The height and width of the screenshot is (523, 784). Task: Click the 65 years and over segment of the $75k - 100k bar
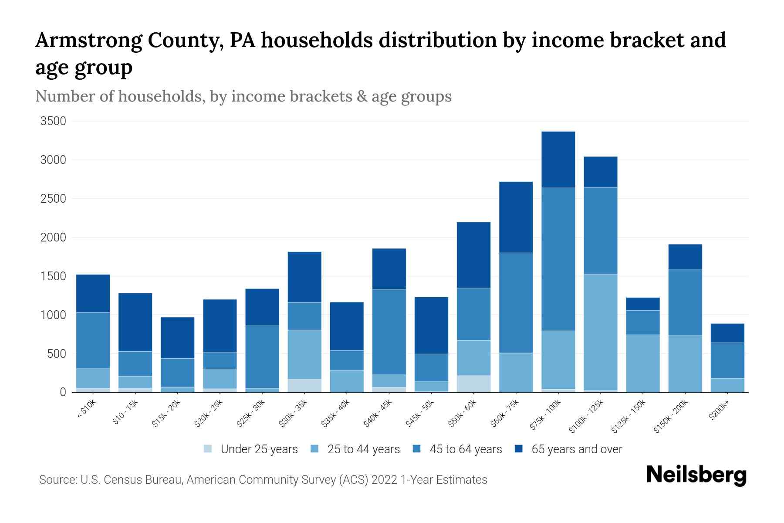coord(558,160)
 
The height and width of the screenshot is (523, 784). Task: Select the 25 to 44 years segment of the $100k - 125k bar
coord(600,332)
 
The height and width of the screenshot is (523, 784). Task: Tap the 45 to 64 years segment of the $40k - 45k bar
coord(389,332)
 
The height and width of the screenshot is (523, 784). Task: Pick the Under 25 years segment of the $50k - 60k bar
coord(473,384)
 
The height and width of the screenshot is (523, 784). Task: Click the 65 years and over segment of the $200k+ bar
coord(727,333)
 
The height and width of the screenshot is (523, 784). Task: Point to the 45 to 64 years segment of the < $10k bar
coord(93,340)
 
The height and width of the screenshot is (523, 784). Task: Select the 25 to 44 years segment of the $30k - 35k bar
coord(304,354)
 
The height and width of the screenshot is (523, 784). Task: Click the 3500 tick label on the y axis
coord(53,121)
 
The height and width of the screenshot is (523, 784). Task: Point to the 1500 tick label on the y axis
coord(53,276)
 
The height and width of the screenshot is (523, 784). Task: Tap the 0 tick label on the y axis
coord(63,392)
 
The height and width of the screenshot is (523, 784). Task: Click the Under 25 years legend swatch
coord(208,448)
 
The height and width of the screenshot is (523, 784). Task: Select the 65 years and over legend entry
coord(576,449)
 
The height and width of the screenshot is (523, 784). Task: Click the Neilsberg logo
coord(696,475)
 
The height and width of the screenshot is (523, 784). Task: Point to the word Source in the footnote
coord(57,480)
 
